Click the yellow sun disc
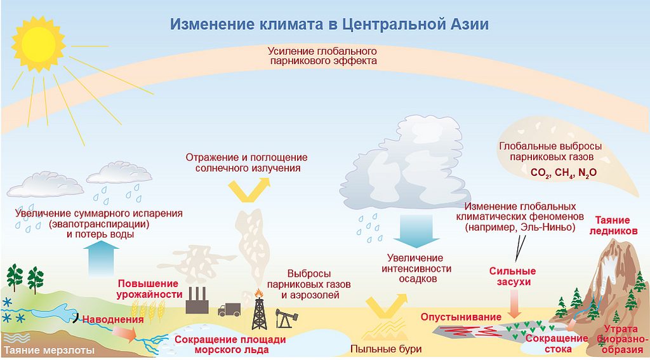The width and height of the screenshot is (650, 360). tap(39, 44)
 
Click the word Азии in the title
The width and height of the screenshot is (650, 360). tap(469, 24)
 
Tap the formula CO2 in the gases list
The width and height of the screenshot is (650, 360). tap(540, 173)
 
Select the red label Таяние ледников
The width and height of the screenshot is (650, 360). tap(613, 225)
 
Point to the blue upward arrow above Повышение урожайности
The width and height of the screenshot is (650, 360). tap(101, 258)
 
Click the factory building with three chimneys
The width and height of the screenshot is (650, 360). tap(197, 301)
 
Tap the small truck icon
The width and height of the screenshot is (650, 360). tap(229, 309)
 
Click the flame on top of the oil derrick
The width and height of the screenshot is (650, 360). tap(259, 293)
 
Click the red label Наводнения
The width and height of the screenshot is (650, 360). tap(113, 319)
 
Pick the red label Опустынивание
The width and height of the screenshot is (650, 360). tap(461, 317)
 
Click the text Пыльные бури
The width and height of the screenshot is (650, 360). tap(386, 349)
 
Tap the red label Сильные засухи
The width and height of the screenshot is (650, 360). tap(512, 277)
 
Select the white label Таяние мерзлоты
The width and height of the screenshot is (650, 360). tap(50, 350)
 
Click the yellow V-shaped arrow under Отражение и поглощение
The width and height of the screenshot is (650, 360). tap(249, 189)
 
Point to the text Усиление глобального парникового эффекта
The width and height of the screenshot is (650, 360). tap(322, 56)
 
